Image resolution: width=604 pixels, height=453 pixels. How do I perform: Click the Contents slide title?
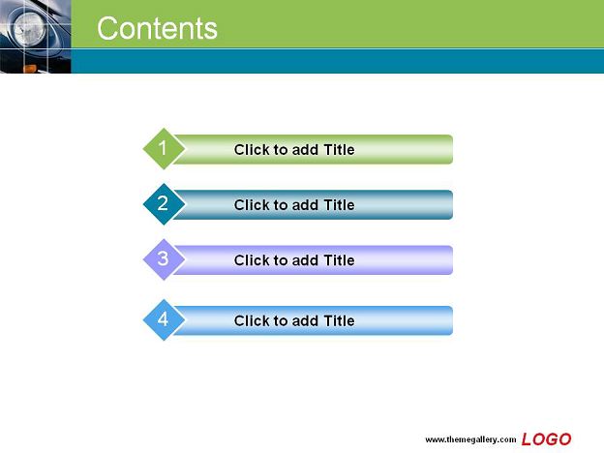pyautogui.click(x=157, y=28)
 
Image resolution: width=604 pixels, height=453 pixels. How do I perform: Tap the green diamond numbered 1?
pyautogui.click(x=164, y=149)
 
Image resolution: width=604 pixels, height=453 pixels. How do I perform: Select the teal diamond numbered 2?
pyautogui.click(x=164, y=204)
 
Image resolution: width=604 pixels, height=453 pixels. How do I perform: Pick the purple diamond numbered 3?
pyautogui.click(x=164, y=259)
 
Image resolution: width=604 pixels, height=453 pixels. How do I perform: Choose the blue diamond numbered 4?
pyautogui.click(x=164, y=319)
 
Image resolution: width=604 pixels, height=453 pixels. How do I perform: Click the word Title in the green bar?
pyautogui.click(x=339, y=149)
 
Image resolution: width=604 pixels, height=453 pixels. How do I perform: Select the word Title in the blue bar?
pyautogui.click(x=339, y=320)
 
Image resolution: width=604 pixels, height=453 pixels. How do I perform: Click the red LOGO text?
pyautogui.click(x=546, y=439)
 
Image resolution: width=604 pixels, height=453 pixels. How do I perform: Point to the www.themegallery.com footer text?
pyautogui.click(x=470, y=439)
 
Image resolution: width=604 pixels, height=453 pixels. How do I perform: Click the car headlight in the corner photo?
pyautogui.click(x=30, y=29)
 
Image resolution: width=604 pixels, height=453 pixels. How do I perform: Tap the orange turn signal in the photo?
pyautogui.click(x=30, y=69)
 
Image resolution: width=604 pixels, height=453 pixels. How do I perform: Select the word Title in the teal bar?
pyautogui.click(x=339, y=205)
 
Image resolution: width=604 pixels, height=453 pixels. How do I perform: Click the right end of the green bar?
pyautogui.click(x=453, y=149)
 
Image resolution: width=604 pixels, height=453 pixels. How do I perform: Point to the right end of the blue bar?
pyautogui.click(x=453, y=320)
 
